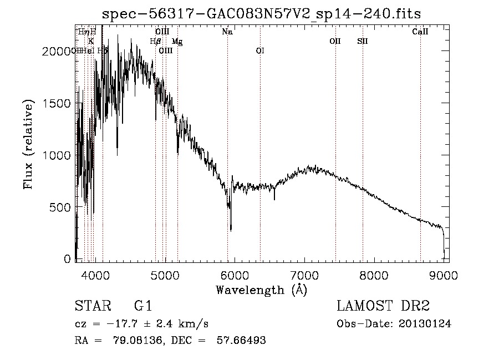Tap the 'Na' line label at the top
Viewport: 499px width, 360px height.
(227, 32)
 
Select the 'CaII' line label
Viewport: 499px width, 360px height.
(420, 32)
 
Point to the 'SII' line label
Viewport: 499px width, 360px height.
(363, 41)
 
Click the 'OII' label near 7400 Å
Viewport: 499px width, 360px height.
(335, 41)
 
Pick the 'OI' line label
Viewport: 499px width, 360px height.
(260, 50)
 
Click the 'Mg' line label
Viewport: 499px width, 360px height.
(177, 42)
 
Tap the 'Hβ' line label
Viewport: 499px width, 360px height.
(155, 41)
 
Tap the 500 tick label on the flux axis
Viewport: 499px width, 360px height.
(60, 207)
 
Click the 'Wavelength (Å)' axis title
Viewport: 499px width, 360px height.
(261, 290)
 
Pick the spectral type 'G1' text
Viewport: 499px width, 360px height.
(142, 306)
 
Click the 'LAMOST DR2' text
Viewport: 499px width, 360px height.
(383, 306)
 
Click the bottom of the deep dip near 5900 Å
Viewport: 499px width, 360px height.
(231, 229)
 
